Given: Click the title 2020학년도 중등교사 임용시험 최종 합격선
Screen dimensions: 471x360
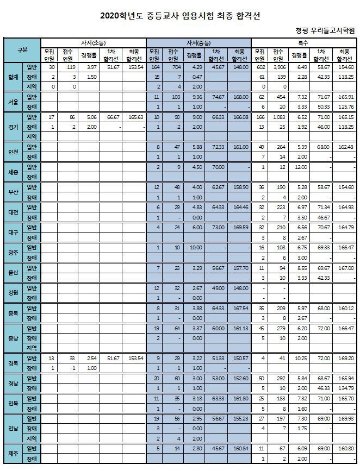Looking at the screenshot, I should point(180,16).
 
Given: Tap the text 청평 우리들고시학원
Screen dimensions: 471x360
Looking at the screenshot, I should point(325,32).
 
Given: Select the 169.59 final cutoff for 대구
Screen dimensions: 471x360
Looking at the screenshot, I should point(240,228).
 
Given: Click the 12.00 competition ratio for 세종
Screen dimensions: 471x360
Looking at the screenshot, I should point(297,167).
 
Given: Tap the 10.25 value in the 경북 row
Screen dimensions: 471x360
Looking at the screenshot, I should point(297,359).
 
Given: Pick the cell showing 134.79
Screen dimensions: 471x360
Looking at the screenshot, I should point(345,388).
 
